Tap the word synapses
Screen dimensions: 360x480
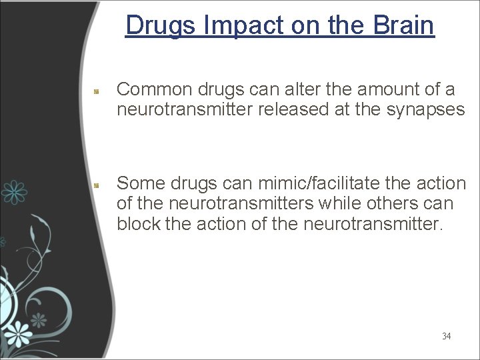coord(426,109)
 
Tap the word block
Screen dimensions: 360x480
coord(138,223)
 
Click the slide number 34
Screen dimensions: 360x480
coord(446,336)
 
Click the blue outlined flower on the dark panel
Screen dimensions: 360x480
coord(13,191)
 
